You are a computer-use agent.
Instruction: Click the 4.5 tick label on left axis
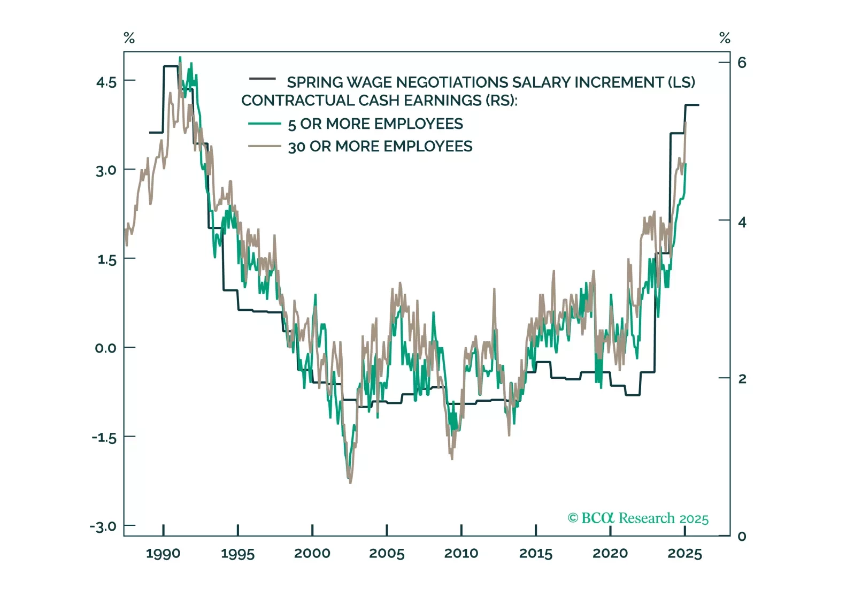coord(106,82)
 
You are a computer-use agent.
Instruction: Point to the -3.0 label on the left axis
coord(103,526)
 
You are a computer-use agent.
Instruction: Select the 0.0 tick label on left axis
coord(106,348)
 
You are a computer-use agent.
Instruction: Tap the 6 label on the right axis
coord(742,63)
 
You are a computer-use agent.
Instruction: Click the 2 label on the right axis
coord(742,379)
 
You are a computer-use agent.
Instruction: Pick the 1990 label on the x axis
coord(163,554)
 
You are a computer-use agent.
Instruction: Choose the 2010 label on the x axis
coord(461,554)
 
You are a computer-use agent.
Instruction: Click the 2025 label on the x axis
coord(684,554)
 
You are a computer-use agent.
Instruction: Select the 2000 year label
coord(312,554)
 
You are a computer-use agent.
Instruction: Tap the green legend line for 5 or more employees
coord(264,124)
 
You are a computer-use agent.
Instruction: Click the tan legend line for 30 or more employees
coord(264,146)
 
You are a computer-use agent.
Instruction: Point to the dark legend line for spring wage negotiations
coord(263,79)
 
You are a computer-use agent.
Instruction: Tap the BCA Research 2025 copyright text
coord(638,518)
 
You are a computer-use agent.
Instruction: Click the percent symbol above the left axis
coord(129,38)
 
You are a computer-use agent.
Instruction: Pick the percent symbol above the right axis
coord(725,38)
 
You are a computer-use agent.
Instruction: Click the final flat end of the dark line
coord(692,105)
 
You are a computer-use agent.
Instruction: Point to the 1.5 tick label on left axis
coord(106,260)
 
